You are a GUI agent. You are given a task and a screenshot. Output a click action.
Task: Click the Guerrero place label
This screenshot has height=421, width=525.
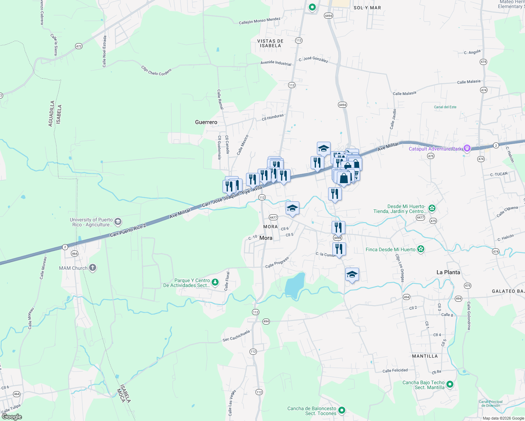tap(206, 122)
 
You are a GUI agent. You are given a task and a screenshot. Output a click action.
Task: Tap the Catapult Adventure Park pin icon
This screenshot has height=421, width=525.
tap(467, 148)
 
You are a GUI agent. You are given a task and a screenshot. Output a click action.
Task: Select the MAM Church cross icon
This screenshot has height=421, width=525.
tap(93, 268)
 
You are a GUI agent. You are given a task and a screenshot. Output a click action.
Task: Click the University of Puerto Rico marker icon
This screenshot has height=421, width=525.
tap(118, 222)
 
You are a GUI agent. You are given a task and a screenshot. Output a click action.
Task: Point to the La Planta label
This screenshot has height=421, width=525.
tap(448, 272)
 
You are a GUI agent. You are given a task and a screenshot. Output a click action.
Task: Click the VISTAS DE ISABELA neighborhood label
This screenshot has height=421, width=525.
tap(270, 43)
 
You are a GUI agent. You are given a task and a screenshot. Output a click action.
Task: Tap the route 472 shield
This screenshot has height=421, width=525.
tap(79, 46)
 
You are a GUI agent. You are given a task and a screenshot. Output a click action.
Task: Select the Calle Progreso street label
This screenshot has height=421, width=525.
tap(277, 262)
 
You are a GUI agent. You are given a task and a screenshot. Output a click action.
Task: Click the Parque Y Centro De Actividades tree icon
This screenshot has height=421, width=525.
tap(215, 282)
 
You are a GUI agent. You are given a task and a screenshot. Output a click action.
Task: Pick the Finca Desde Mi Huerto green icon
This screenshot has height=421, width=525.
tap(421, 249)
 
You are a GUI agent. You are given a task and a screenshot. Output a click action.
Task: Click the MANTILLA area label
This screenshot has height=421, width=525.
tap(425, 356)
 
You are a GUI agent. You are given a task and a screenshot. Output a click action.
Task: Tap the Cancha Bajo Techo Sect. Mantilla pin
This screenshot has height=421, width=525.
tap(450, 385)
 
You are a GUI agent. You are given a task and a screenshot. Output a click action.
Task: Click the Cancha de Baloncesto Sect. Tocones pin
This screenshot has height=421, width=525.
tap(341, 410)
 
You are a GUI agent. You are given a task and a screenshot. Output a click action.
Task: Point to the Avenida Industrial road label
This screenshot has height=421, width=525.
tap(276, 63)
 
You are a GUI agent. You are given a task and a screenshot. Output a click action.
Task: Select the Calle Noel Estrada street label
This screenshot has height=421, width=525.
tap(104, 51)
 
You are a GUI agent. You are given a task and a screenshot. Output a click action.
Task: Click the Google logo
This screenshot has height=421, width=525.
tap(12, 417)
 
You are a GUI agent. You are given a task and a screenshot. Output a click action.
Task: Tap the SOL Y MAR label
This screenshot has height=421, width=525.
tap(367, 8)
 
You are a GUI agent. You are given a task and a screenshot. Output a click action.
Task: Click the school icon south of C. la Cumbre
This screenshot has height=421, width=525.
tap(352, 275)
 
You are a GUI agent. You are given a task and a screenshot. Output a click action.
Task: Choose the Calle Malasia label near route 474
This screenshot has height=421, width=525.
tap(468, 82)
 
